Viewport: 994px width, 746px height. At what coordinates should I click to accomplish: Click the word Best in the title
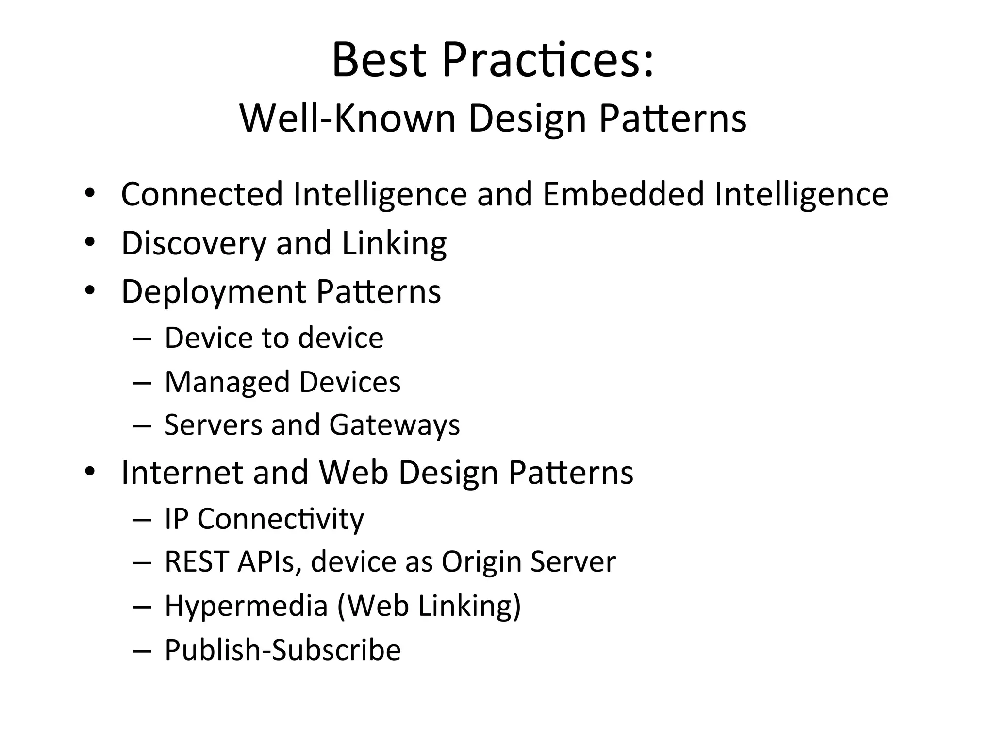coord(379,61)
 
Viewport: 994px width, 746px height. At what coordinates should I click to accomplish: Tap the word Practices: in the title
coord(548,61)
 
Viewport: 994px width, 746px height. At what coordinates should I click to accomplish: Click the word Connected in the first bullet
coord(201,194)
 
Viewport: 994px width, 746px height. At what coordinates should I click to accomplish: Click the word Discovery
coord(193,243)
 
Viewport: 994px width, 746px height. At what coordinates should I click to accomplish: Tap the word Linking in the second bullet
coord(394,243)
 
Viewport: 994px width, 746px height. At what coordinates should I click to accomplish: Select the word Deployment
coord(213,292)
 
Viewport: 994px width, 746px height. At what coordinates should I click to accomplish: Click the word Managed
coord(227,382)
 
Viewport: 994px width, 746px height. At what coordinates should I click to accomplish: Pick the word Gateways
coord(394,425)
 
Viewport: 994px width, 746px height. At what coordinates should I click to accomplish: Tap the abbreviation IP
coord(176,519)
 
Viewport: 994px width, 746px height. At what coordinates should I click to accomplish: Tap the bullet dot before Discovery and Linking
coord(90,242)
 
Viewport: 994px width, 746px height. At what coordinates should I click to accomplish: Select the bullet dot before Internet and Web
coord(90,471)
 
